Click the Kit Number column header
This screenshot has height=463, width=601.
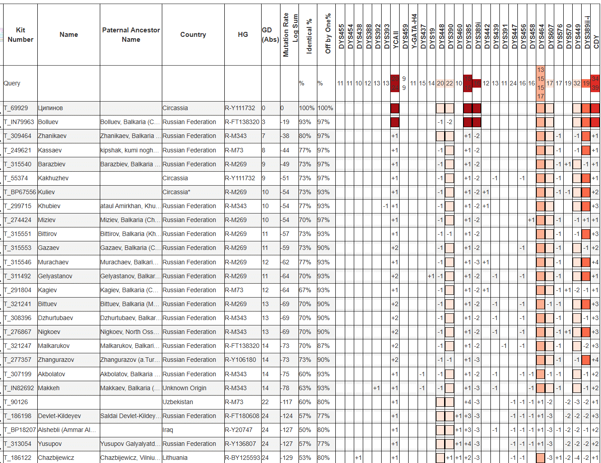click(x=20, y=35)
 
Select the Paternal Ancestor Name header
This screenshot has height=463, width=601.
click(x=131, y=35)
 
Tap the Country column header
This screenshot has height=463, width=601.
click(x=193, y=35)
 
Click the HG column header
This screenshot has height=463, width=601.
click(x=243, y=35)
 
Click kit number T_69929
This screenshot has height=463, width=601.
click(x=16, y=108)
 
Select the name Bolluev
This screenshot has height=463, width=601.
click(x=48, y=122)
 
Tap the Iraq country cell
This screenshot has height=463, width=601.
click(x=168, y=430)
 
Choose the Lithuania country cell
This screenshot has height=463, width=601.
click(x=175, y=458)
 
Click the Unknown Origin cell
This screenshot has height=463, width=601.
click(x=184, y=388)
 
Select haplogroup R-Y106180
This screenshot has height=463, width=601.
click(x=240, y=360)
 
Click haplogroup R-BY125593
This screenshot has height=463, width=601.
click(x=242, y=458)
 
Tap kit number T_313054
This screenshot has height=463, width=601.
click(x=18, y=444)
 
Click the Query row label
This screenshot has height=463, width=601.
click(x=12, y=83)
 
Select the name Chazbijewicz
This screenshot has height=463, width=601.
click(x=56, y=458)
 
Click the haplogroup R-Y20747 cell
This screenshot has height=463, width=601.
click(x=239, y=430)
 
